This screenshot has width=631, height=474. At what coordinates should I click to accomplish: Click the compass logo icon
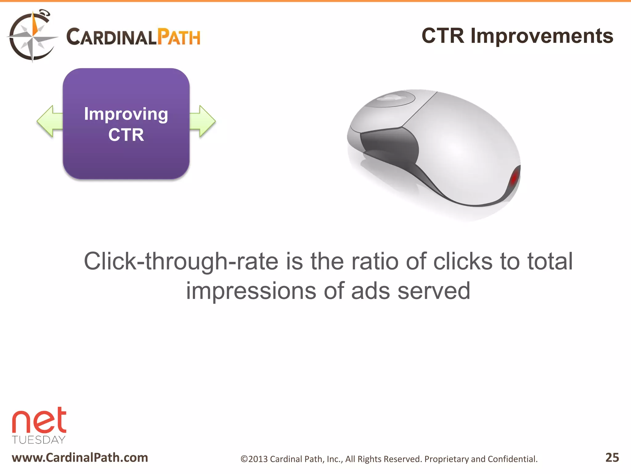(32, 36)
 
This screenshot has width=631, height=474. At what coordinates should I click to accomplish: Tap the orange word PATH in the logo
(179, 37)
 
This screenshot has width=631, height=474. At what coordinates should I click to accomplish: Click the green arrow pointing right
(203, 121)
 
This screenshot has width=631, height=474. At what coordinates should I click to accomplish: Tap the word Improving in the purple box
(126, 114)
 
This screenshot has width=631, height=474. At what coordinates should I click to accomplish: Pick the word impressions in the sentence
(251, 291)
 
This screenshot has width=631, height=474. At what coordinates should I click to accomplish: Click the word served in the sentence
(434, 291)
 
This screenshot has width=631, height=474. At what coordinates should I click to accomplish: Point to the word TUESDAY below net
(39, 440)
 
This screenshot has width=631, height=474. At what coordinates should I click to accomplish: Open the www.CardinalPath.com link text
(80, 458)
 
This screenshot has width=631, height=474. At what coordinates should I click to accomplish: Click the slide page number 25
(612, 457)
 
